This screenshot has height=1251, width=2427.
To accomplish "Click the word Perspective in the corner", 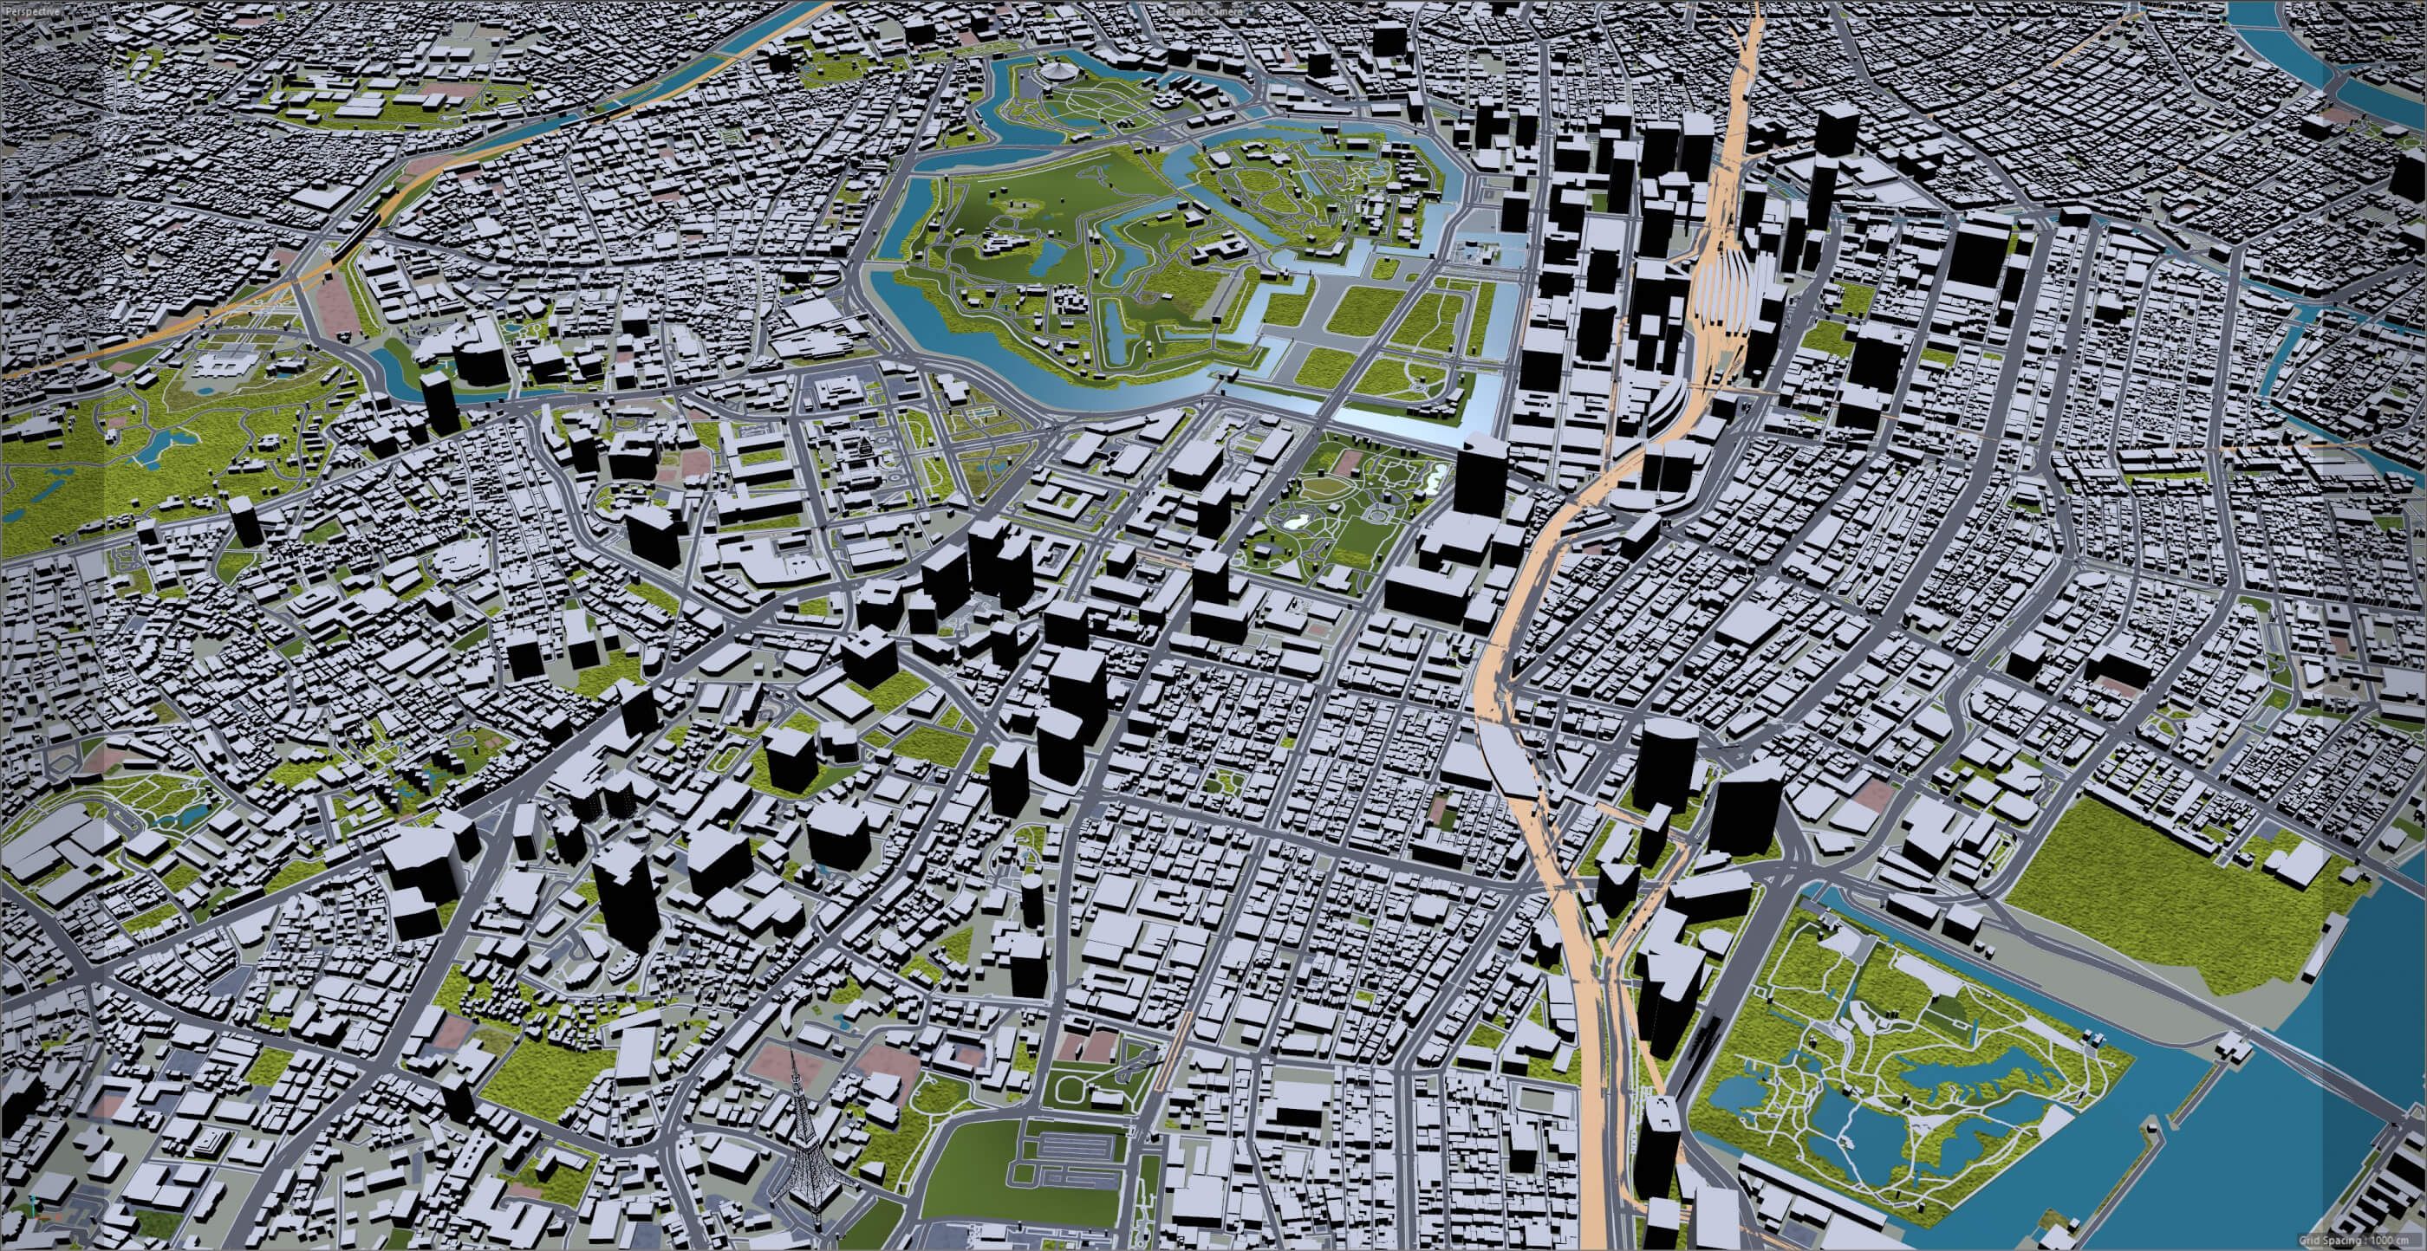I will (x=31, y=9).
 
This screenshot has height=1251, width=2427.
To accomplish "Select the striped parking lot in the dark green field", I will (x=1064, y=1169).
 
